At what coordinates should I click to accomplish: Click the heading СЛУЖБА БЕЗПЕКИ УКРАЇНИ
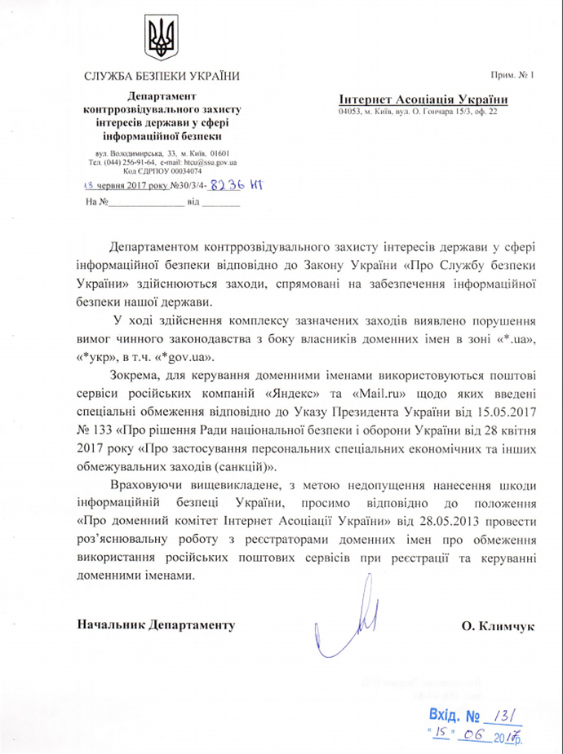(x=161, y=77)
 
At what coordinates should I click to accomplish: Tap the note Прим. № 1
(x=512, y=76)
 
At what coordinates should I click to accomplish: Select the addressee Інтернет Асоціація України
(x=423, y=99)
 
